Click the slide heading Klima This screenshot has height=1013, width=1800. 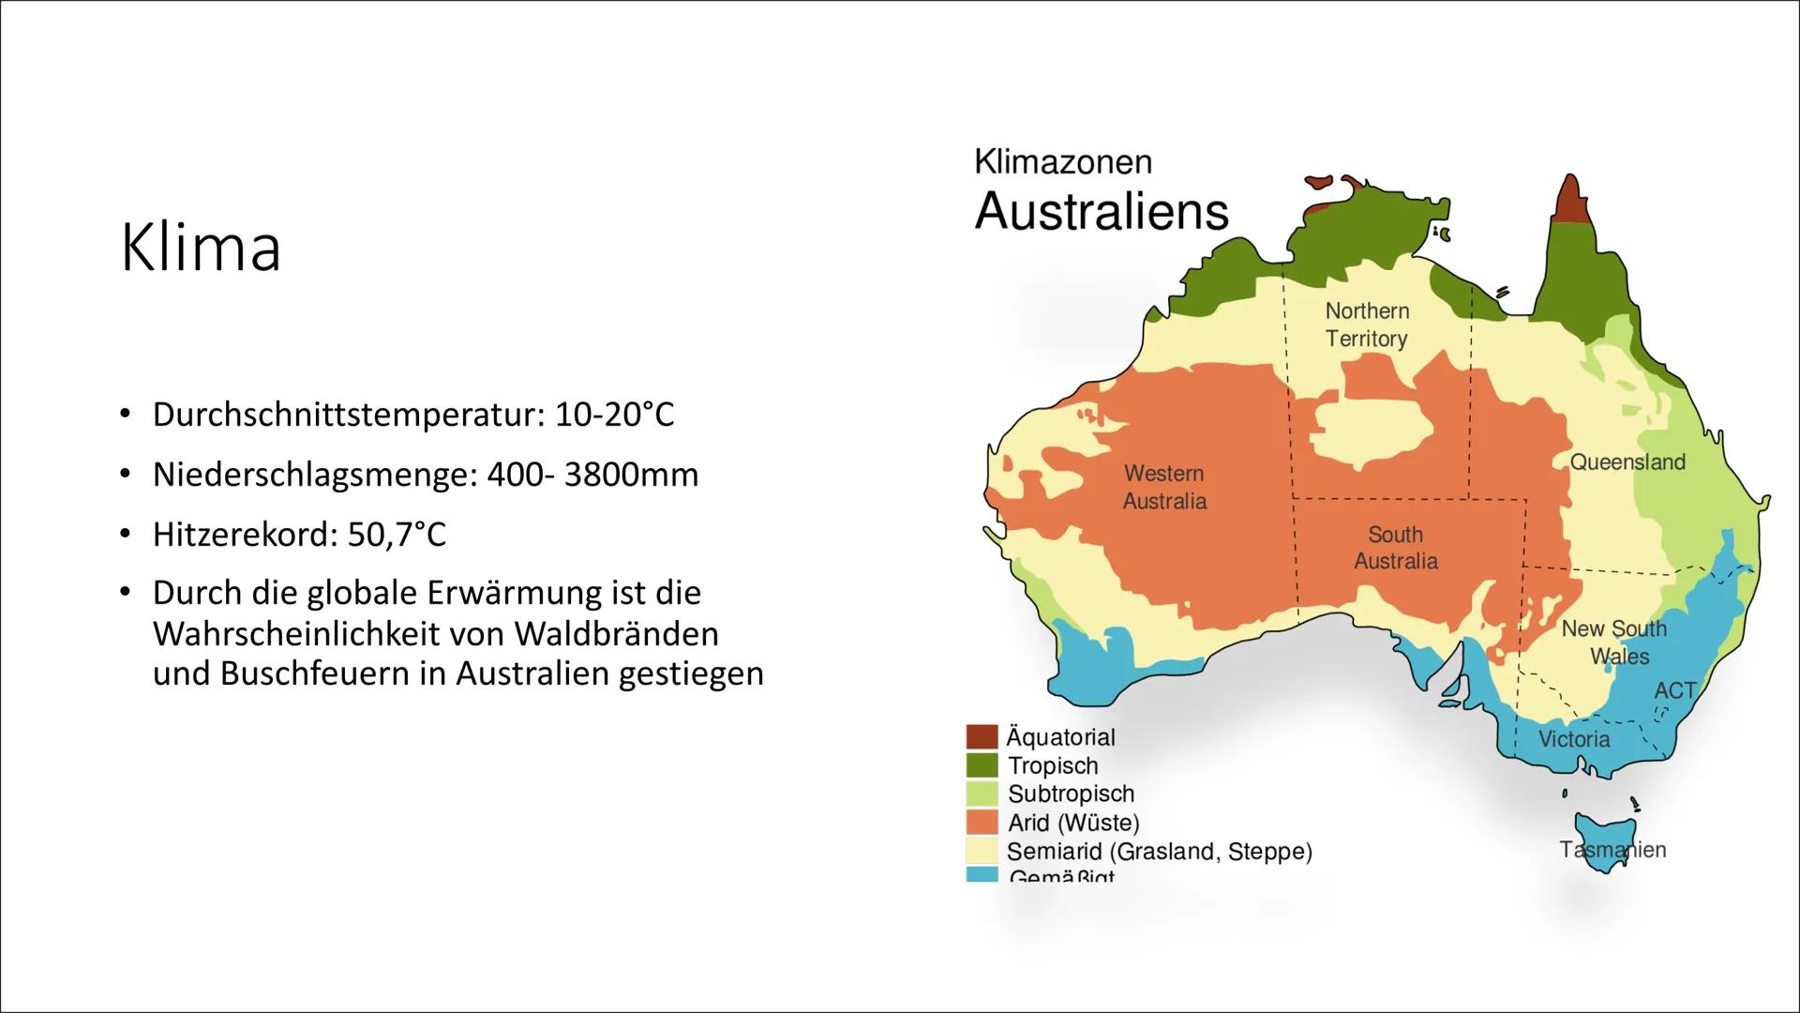201,249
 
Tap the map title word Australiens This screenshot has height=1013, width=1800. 1101,212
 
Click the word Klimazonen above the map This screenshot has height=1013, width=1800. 1062,162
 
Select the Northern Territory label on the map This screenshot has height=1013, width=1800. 1366,325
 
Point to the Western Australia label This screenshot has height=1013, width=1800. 1164,487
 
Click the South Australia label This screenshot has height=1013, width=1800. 1395,548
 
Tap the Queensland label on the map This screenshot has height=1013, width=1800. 1627,461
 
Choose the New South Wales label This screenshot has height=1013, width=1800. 1613,642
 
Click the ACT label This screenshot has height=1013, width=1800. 1674,690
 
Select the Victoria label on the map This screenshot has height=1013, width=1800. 1573,739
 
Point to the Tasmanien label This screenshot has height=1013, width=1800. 1612,850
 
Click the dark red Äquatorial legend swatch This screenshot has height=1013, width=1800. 982,736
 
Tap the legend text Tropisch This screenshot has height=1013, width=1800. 1052,765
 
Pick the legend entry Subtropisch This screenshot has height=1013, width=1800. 1070,794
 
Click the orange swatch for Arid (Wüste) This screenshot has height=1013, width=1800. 982,822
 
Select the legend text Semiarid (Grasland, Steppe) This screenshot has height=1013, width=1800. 1159,852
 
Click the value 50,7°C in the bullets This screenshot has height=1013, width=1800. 397,535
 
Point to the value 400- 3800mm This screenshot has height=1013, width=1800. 592,475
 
